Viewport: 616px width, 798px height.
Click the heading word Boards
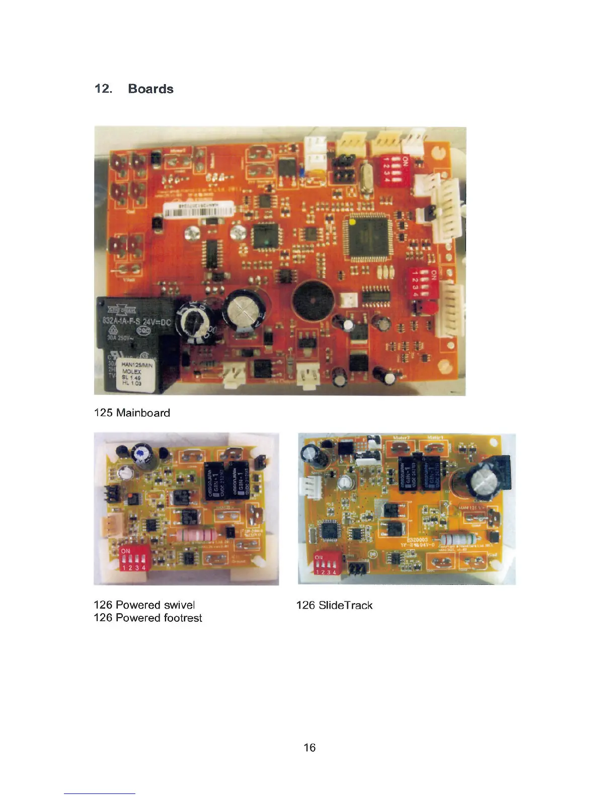[150, 89]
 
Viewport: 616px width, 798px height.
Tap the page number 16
[310, 748]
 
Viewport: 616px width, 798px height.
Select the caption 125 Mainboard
[132, 413]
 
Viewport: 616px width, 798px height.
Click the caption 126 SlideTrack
[334, 605]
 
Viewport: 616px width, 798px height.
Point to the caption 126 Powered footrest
[148, 618]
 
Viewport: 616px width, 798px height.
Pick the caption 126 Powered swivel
[144, 605]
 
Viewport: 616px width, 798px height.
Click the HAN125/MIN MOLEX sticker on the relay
[137, 374]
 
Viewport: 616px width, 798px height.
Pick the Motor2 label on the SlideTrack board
[401, 438]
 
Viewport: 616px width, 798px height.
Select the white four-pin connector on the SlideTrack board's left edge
[306, 488]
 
